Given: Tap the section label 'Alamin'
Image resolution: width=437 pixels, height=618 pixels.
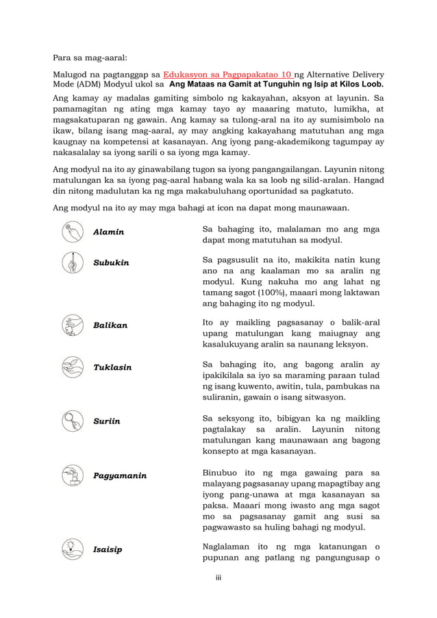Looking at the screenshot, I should click(109, 232).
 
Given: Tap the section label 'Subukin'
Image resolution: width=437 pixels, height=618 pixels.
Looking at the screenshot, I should click(111, 263).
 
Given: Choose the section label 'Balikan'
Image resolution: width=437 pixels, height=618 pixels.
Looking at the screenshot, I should click(110, 325).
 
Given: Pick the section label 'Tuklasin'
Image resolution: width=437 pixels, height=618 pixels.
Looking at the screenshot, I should click(112, 367).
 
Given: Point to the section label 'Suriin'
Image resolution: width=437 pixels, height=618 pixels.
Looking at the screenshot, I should click(107, 421).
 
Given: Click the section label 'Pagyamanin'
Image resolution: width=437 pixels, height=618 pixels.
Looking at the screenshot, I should click(120, 475).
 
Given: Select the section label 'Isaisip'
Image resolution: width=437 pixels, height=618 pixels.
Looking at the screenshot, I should click(108, 549).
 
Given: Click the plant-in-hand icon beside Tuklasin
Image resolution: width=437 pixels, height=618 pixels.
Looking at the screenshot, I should click(72, 367).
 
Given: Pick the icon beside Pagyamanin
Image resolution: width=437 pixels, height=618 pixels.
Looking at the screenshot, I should click(72, 475).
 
